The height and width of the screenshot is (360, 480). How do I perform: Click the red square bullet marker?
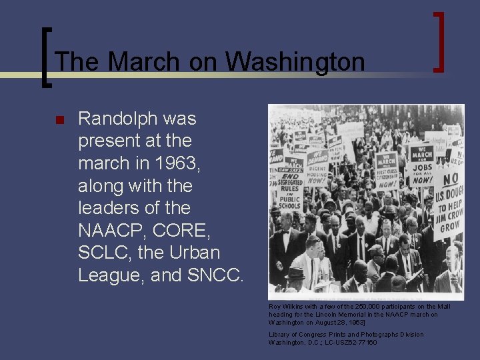pos(59,121)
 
